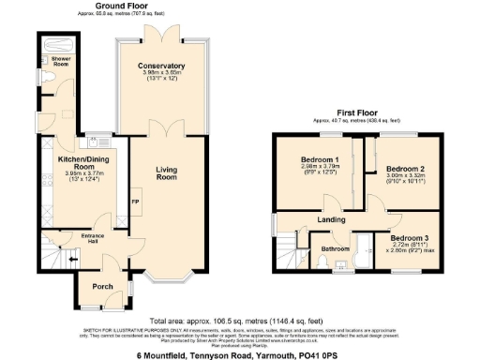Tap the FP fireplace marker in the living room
134,202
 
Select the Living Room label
166,172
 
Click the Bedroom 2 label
404,169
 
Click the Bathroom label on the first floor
335,249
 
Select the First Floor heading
361,114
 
